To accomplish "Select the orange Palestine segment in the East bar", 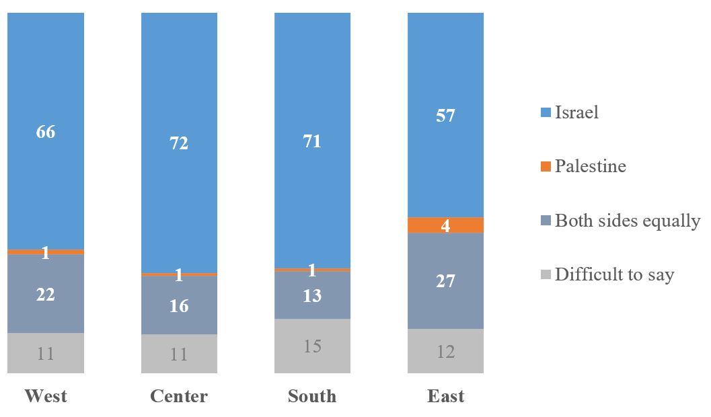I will tap(446, 225).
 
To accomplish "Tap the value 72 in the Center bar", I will tap(179, 143).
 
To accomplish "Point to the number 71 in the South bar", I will tap(312, 141).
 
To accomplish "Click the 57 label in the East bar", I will tap(446, 116).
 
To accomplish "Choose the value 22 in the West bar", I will tap(46, 295).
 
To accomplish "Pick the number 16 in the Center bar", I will tap(179, 306).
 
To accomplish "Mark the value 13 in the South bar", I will tap(312, 296).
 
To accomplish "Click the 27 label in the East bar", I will tap(446, 281).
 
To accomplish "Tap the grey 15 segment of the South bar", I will tap(312, 346).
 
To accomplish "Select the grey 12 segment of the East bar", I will tap(446, 351).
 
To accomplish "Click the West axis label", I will tap(46, 396).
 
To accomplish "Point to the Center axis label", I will tap(179, 396).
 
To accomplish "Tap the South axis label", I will tap(312, 396).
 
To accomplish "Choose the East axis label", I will tap(446, 396).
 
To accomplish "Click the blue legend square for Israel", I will tap(546, 112).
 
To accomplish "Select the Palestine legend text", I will tap(590, 166).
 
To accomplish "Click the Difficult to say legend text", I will tap(614, 274).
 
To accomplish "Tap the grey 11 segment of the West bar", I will tap(46, 353).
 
